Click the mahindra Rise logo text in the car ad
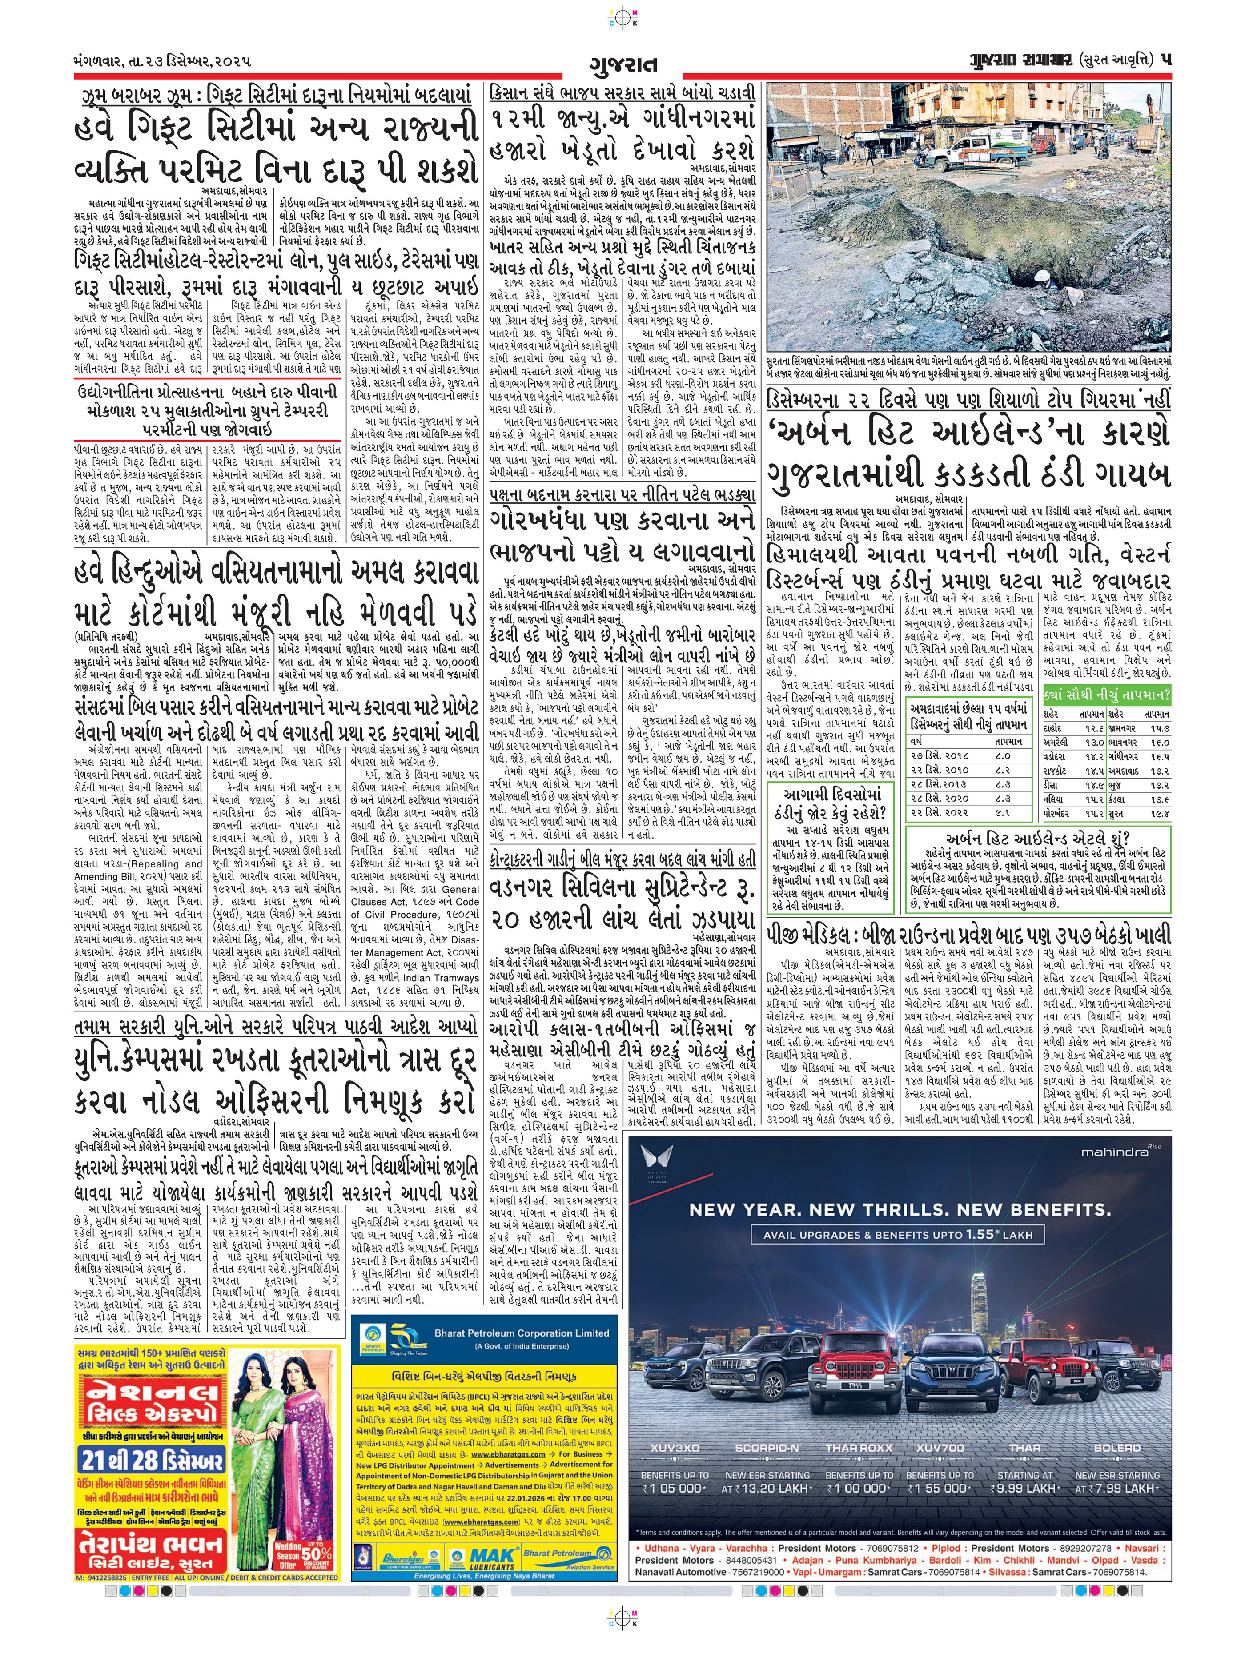tap(1118, 1152)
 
